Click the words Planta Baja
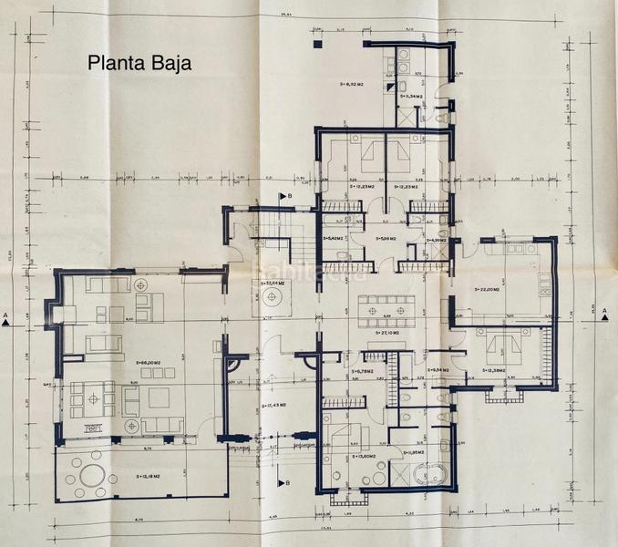click(x=139, y=63)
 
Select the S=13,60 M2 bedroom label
click(x=366, y=456)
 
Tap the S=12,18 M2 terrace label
click(x=149, y=476)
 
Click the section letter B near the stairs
click(x=289, y=196)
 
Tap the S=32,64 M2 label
click(x=273, y=284)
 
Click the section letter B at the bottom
click(x=289, y=482)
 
